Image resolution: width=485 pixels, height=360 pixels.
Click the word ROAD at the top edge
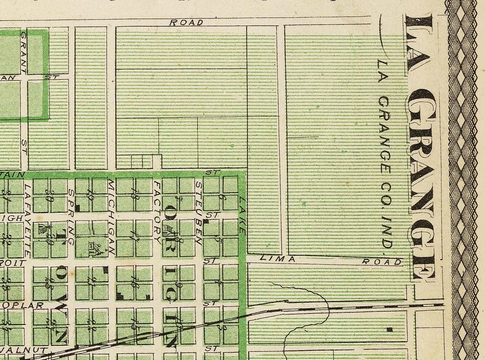pyautogui.click(x=186, y=23)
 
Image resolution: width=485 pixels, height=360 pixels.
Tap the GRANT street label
pyautogui.click(x=25, y=44)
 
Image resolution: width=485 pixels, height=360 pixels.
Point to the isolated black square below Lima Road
pyautogui.click(x=389, y=330)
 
